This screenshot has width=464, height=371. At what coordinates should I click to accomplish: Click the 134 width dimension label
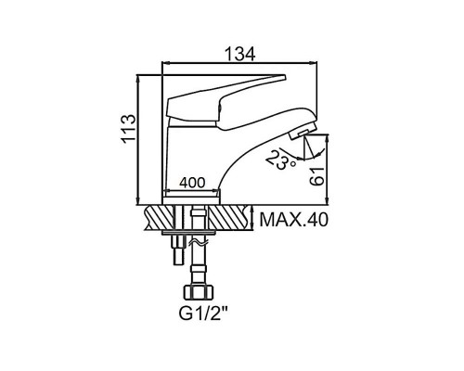pyautogui.click(x=239, y=54)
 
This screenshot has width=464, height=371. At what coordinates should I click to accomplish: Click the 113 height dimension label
pyautogui.click(x=128, y=129)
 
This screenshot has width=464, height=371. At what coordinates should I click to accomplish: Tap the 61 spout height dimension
pyautogui.click(x=317, y=176)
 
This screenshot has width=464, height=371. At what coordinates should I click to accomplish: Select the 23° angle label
pyautogui.click(x=281, y=160)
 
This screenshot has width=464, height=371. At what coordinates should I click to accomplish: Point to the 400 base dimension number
pyautogui.click(x=192, y=183)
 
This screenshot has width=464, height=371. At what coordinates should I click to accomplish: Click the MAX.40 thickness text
pyautogui.click(x=293, y=220)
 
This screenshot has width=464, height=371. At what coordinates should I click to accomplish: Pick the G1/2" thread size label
pyautogui.click(x=203, y=313)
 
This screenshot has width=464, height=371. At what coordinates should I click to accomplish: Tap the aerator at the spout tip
pyautogui.click(x=303, y=131)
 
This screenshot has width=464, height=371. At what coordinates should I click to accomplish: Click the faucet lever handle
pyautogui.click(x=225, y=101)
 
